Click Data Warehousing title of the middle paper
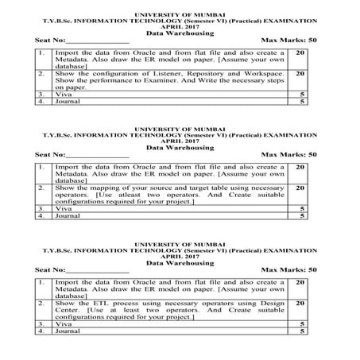[x=180, y=147]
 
